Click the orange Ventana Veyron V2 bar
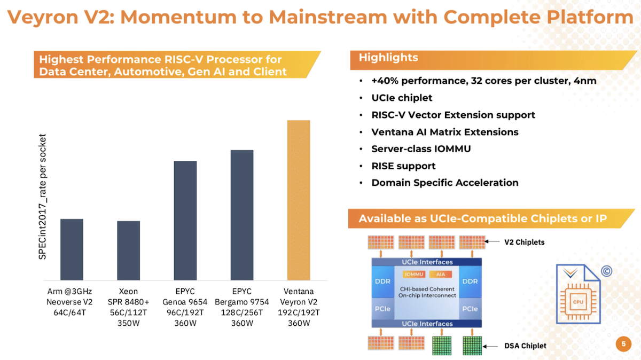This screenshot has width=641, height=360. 299,200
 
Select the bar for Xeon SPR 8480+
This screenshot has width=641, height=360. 129,251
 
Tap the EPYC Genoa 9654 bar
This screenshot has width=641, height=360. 185,221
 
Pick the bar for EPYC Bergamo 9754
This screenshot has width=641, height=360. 242,215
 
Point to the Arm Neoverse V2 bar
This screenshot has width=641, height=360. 72,249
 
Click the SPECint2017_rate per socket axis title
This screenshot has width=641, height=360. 42,197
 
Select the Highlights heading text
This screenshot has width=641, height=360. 388,58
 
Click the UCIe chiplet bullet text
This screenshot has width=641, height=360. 402,98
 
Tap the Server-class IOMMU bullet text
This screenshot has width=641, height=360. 421,149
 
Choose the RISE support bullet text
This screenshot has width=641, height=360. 403,166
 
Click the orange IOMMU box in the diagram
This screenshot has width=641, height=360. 414,274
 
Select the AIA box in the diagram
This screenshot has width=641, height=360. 441,274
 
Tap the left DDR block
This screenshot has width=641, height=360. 382,281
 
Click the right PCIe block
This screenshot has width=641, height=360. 470,309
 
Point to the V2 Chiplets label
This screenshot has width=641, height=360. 524,242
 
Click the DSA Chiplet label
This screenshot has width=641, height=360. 525,346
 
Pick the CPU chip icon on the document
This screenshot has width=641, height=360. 578,302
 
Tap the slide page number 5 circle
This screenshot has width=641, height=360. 623,344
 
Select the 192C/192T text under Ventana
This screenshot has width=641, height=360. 299,312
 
